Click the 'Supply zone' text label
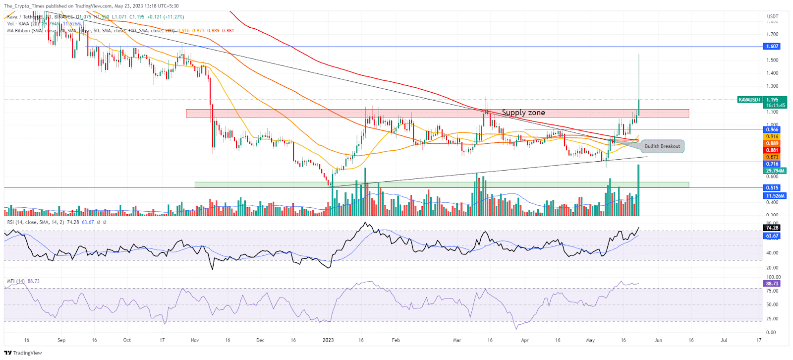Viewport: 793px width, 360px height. (523, 113)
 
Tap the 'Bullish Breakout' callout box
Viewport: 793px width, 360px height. (662, 146)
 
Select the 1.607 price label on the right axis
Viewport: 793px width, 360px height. (772, 46)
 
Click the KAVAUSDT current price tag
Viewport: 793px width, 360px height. (749, 100)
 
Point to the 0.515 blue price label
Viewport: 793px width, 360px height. (772, 188)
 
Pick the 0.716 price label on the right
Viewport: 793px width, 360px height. (772, 164)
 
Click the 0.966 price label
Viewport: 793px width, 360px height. (772, 129)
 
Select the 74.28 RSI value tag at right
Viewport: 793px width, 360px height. (772, 228)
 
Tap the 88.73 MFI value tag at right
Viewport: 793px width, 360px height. (772, 284)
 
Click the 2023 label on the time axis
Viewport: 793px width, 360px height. (328, 340)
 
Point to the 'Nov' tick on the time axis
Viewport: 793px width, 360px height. (195, 340)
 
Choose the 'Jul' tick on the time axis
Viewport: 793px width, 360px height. (724, 340)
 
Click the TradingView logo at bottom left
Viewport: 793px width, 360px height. (23, 353)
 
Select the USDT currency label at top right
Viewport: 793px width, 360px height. (772, 16)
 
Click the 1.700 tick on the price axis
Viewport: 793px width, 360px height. (772, 34)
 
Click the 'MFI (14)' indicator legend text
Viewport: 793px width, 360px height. (16, 281)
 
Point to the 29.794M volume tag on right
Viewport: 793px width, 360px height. (775, 171)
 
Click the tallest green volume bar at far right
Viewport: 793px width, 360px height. (639, 191)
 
